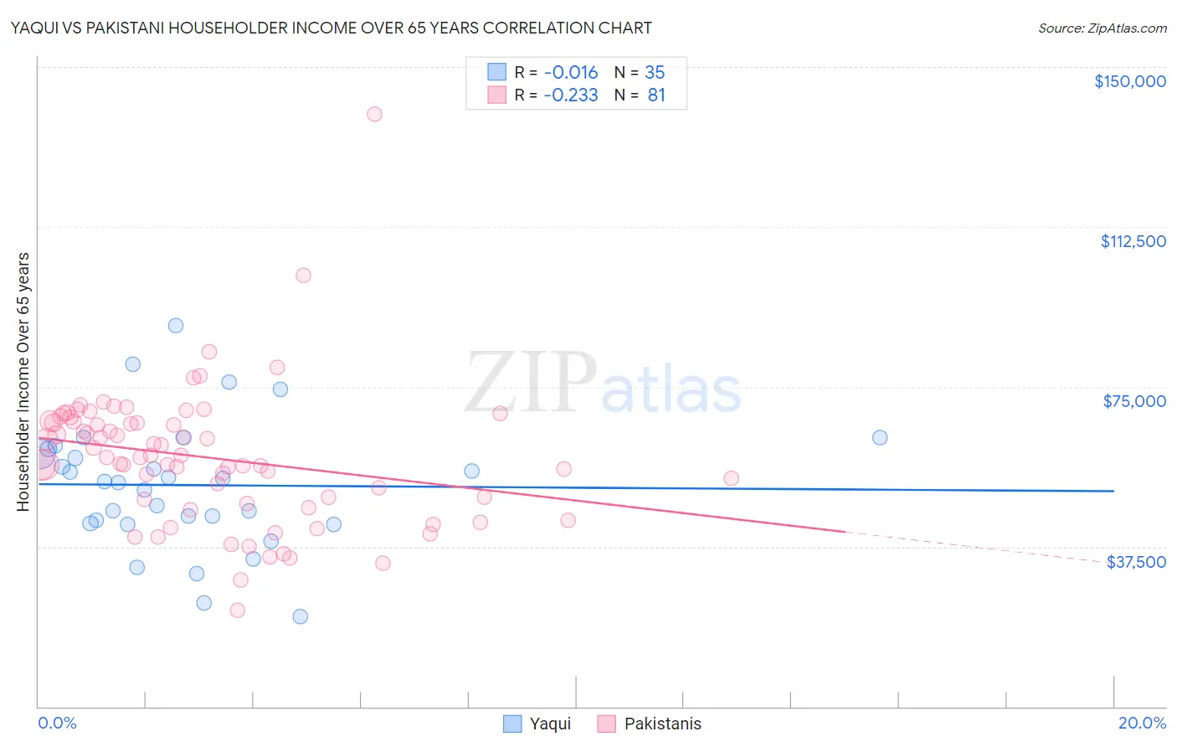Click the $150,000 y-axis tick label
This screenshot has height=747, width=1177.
click(x=1129, y=81)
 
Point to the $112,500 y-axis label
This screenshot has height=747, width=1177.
click(x=1133, y=241)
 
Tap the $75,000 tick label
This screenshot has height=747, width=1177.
click(x=1134, y=401)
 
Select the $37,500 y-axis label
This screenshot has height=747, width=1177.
click(x=1136, y=562)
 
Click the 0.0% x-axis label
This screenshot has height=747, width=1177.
click(x=57, y=723)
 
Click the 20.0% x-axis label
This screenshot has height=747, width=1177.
click(x=1142, y=723)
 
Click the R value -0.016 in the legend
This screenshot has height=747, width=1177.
click(x=570, y=73)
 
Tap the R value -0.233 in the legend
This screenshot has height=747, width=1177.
click(x=570, y=95)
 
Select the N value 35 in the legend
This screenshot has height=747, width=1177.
click(x=655, y=73)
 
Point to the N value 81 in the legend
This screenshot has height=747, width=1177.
click(x=656, y=95)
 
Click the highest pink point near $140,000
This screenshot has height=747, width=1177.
click(x=374, y=114)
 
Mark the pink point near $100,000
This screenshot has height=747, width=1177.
click(x=303, y=276)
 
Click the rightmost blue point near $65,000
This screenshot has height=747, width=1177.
click(x=879, y=437)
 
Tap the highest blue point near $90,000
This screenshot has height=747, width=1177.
click(x=176, y=326)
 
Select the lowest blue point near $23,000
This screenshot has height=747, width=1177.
click(x=300, y=616)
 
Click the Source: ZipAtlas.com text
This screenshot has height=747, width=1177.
click(x=1102, y=28)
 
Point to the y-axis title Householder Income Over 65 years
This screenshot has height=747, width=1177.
click(x=23, y=382)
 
